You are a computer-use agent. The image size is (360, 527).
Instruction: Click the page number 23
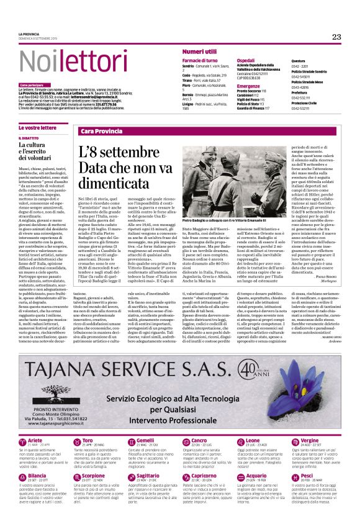(x=336, y=37)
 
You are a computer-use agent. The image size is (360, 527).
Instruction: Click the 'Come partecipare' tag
(x=32, y=84)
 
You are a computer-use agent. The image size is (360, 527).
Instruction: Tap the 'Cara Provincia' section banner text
(x=101, y=132)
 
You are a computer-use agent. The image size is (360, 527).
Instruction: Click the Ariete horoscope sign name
(x=35, y=423)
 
